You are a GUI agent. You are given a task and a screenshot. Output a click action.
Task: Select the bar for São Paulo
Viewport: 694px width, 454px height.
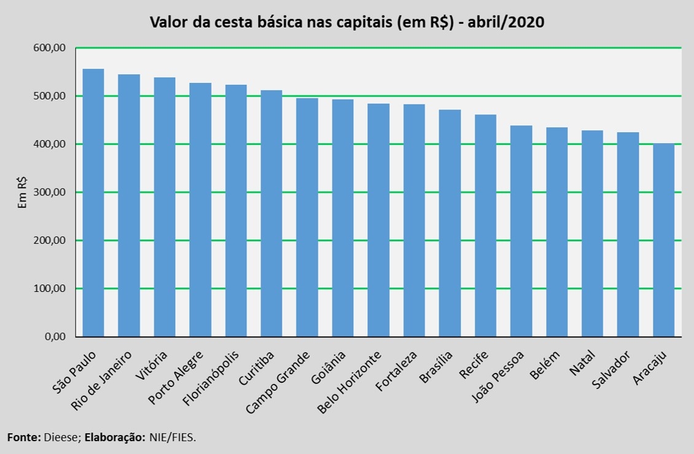(93, 203)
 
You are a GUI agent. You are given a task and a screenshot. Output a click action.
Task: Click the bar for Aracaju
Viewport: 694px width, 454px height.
(663, 240)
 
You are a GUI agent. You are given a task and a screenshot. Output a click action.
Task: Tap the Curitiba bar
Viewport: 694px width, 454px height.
(271, 214)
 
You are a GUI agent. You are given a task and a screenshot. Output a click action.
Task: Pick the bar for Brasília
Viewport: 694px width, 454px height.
(450, 223)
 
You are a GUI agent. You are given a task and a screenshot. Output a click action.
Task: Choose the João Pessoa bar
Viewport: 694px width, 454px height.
(521, 231)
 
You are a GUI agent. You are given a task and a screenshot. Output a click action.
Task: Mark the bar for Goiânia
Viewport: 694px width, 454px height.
(343, 218)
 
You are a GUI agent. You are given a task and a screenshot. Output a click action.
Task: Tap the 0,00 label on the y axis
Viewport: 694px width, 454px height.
(55, 337)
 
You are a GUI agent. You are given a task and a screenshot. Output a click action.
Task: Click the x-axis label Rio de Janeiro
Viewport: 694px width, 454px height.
(101, 380)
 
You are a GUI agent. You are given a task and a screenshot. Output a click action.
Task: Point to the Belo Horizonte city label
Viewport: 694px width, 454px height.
(349, 382)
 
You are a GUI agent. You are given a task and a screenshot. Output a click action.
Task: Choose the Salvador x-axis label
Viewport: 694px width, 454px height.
(611, 370)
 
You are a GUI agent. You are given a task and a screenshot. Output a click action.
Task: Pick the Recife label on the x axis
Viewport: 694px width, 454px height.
(474, 364)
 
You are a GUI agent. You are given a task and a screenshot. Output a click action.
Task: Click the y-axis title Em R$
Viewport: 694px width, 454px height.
(22, 192)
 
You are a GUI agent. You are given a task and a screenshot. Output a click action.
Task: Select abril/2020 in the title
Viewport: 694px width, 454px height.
(506, 22)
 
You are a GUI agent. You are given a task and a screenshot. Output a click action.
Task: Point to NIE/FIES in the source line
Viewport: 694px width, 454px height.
(173, 437)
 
